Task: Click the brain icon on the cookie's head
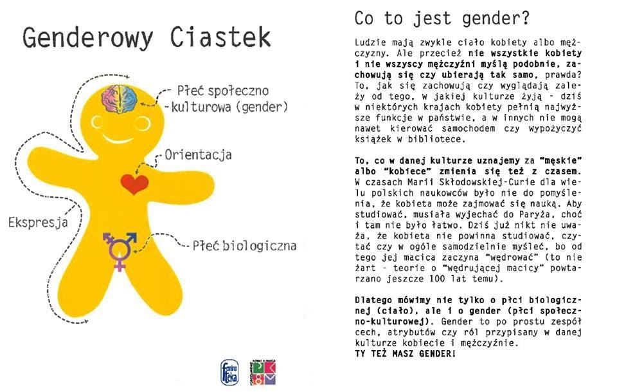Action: tap(120, 99)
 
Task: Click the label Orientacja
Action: tap(198, 155)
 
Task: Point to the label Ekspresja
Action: tap(38, 223)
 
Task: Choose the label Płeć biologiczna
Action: tap(244, 246)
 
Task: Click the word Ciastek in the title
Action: tap(220, 37)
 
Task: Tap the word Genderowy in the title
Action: tap(88, 39)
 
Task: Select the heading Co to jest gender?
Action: tap(442, 19)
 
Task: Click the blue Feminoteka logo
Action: tap(229, 372)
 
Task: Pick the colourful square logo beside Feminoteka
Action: tap(263, 372)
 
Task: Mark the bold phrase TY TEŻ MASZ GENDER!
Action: tap(406, 353)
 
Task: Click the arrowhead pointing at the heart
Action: tap(137, 171)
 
